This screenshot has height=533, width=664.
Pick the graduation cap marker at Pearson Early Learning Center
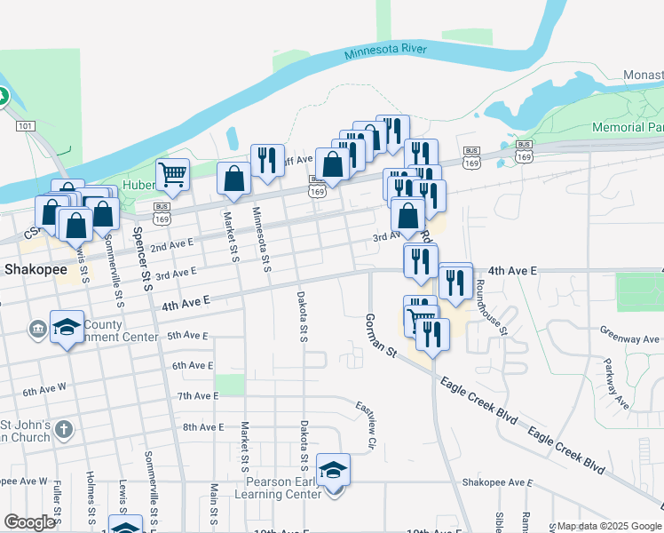tap(333, 469)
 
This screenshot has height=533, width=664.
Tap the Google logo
tap(29, 522)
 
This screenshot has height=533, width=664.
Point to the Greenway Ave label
tap(629, 338)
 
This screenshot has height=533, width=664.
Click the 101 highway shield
tap(26, 127)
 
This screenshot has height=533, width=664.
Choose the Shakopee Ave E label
tap(496, 482)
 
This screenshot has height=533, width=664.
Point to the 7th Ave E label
tap(198, 395)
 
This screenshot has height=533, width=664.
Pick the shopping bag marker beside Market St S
tap(233, 178)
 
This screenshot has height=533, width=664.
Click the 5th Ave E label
tap(186, 336)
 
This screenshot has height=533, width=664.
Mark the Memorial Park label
tap(628, 128)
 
